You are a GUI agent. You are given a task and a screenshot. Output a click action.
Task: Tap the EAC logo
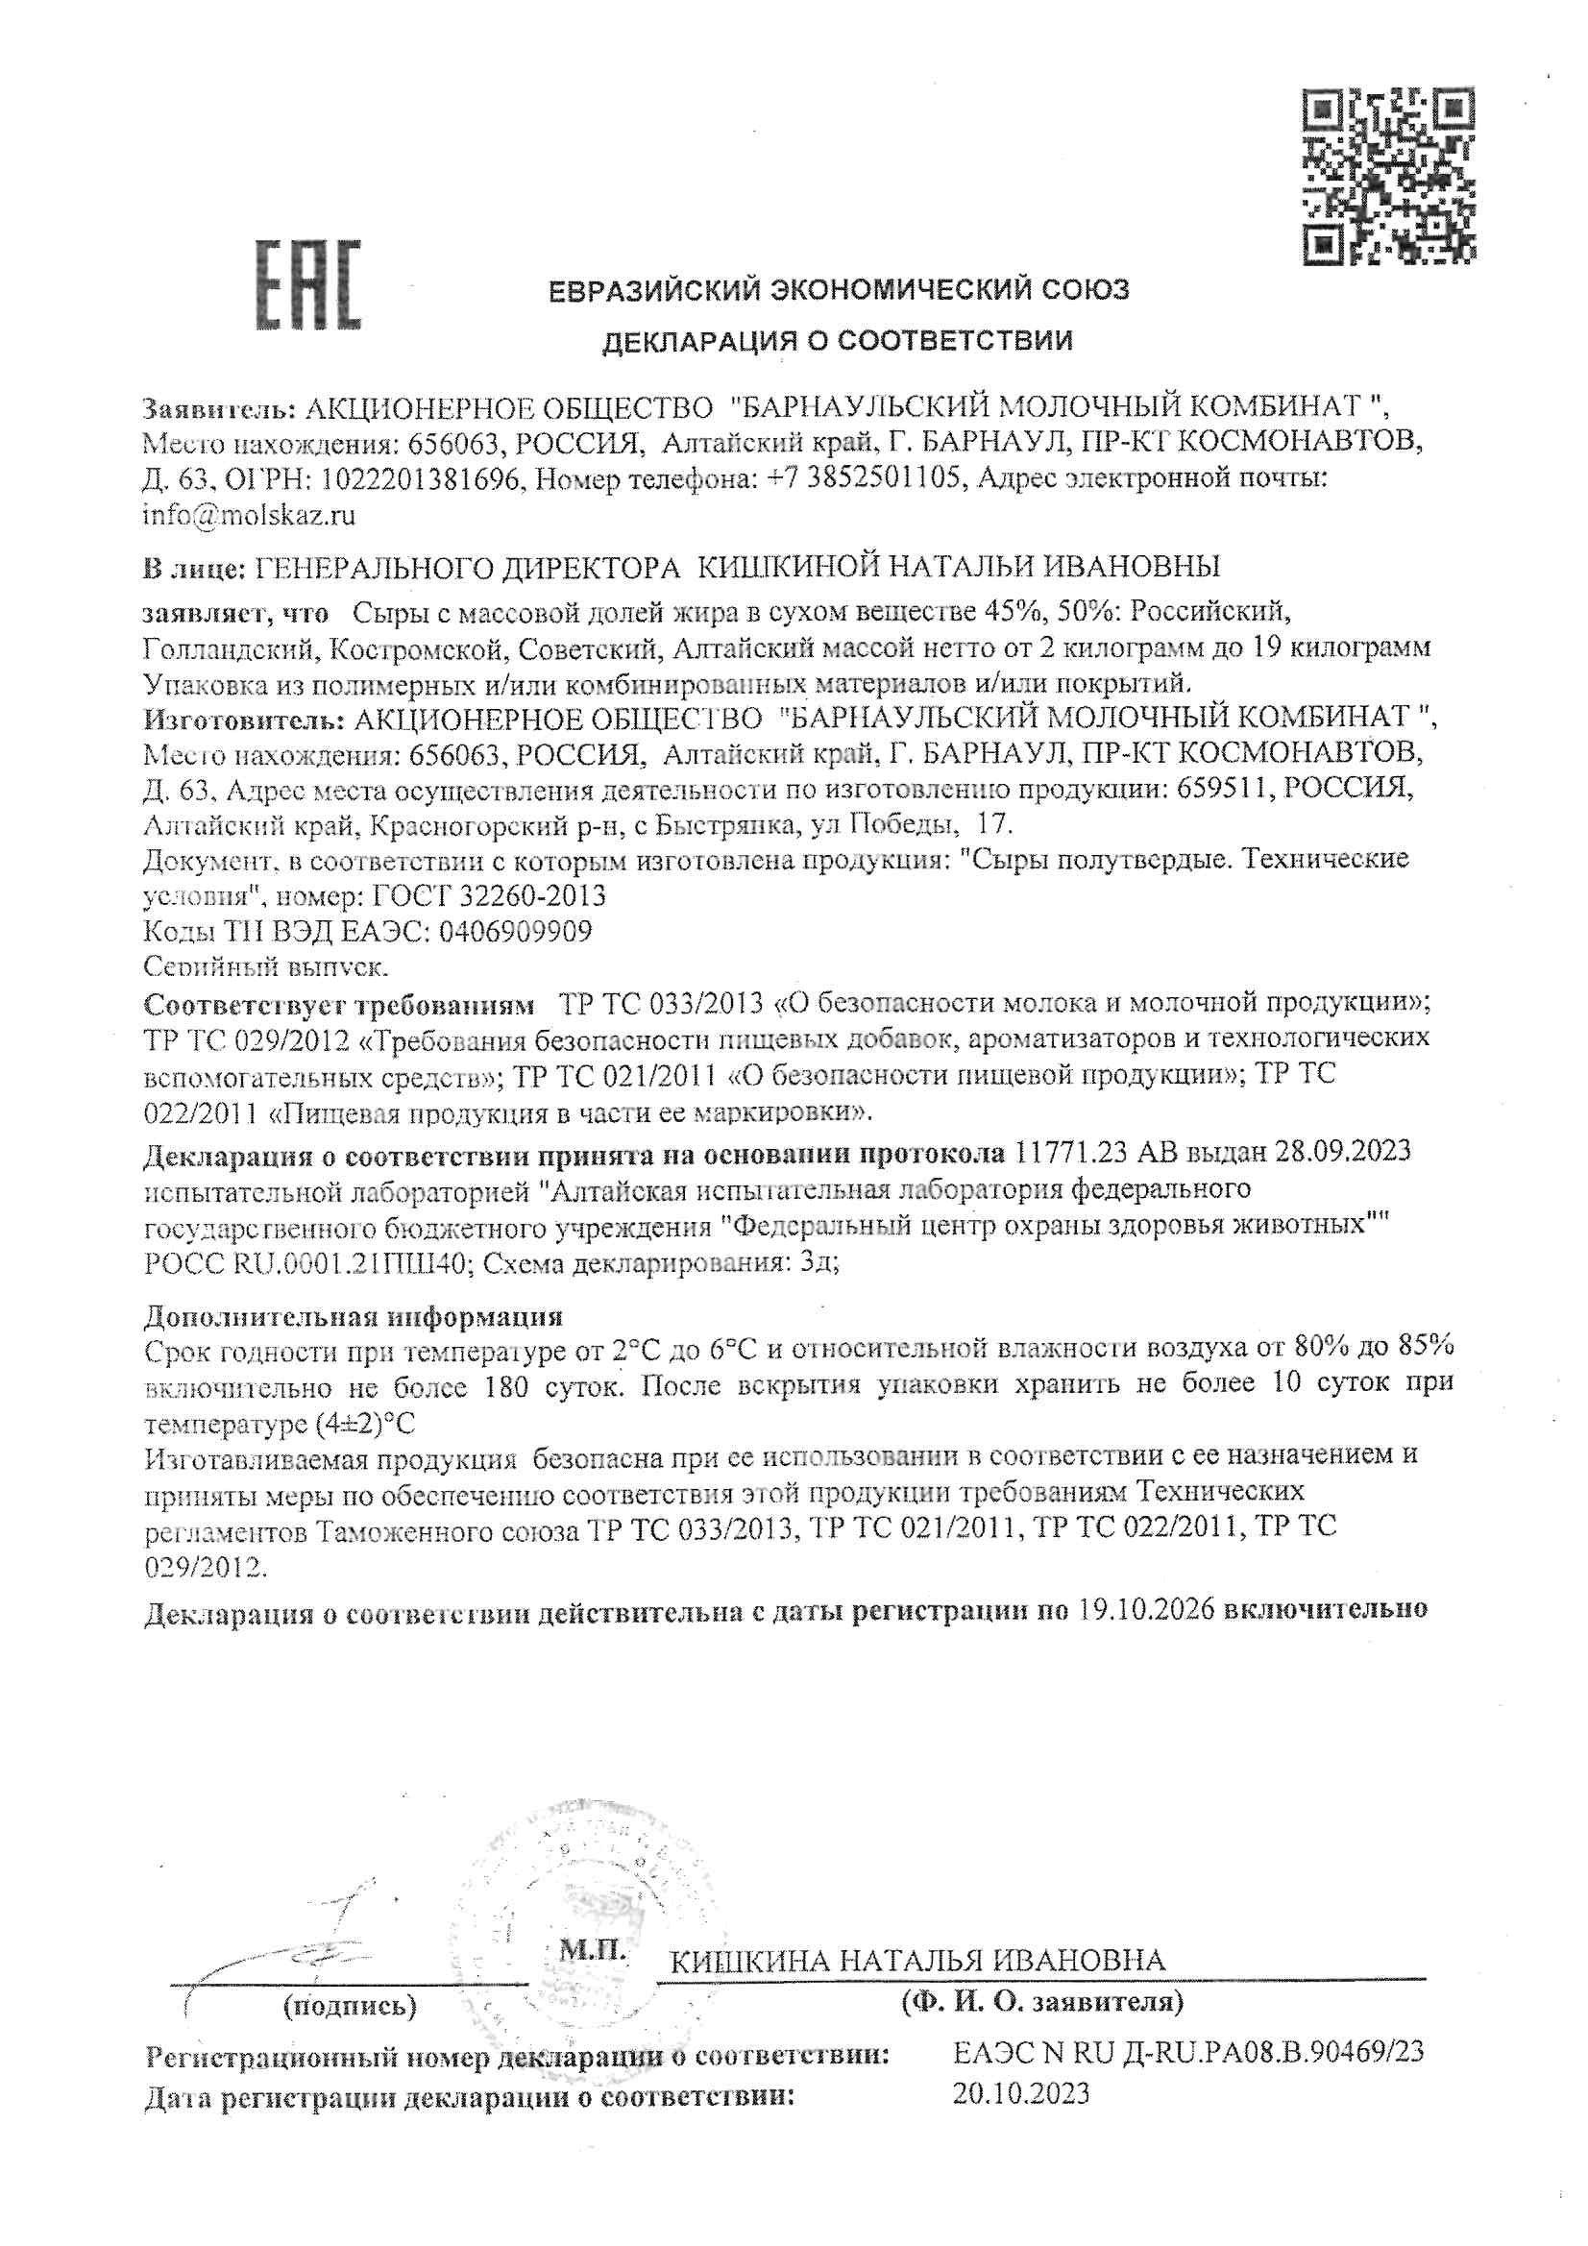(308, 284)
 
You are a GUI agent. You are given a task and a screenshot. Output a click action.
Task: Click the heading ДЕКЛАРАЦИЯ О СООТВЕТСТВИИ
(837, 340)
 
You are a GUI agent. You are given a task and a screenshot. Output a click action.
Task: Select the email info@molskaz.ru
(249, 515)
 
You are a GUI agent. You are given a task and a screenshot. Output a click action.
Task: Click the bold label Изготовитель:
(243, 719)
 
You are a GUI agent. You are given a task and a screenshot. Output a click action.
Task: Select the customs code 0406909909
(516, 931)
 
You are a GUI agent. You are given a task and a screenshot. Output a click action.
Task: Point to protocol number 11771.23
(1069, 1152)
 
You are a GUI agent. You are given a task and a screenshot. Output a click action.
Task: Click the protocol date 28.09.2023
(1343, 1152)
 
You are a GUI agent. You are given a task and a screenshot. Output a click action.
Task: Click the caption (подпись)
(350, 2008)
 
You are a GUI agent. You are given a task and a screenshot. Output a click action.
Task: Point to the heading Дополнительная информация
(354, 1316)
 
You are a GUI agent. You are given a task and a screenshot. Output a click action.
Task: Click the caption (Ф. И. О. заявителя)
(1042, 2002)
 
